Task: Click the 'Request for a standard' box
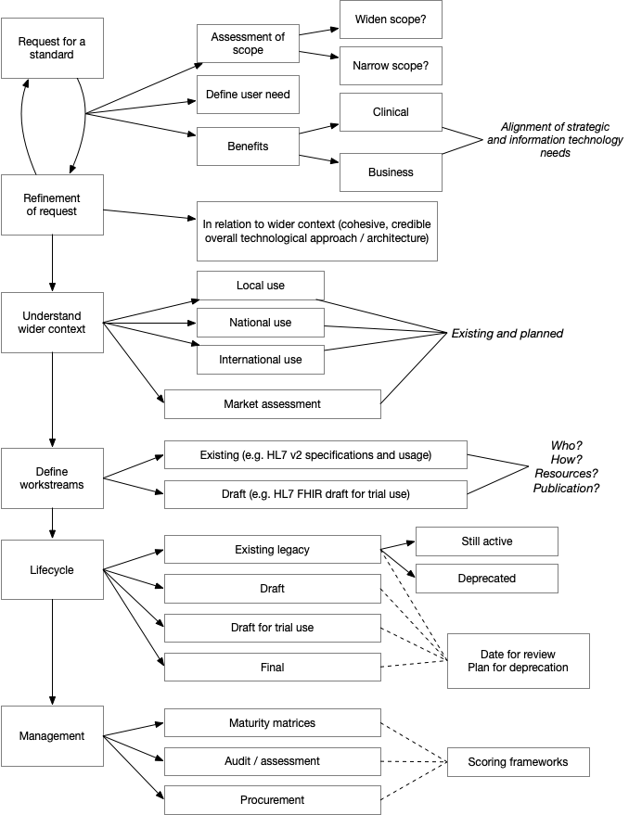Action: (x=51, y=48)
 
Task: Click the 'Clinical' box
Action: (x=390, y=112)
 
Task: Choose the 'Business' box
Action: (x=390, y=172)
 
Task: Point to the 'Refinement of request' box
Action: (x=51, y=204)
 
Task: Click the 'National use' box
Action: (x=261, y=323)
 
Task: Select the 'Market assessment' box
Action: (x=273, y=404)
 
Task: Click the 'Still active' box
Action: (x=486, y=541)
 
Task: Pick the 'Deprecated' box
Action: (x=486, y=579)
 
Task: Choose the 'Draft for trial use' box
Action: (x=273, y=628)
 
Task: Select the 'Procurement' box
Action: (x=273, y=800)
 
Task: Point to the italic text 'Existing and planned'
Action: (x=507, y=334)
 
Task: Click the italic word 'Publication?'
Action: (x=566, y=488)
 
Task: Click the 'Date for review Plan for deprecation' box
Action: (x=518, y=661)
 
